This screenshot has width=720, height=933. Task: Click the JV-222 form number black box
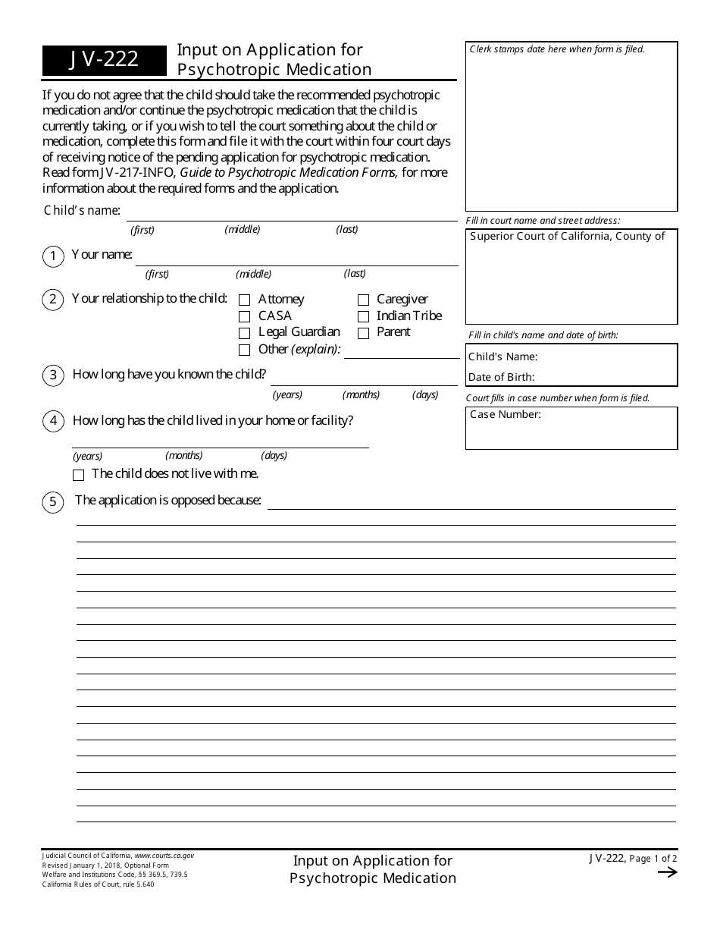[x=105, y=60]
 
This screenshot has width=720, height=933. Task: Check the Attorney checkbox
[x=244, y=300]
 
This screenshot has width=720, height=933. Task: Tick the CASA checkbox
[x=244, y=317]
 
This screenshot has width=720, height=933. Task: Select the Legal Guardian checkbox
[x=244, y=333]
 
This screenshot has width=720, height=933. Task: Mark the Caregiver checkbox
[x=363, y=300]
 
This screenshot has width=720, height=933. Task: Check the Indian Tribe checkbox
[x=363, y=317]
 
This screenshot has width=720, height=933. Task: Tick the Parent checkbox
[x=363, y=333]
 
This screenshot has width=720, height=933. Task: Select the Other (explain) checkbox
[x=244, y=350]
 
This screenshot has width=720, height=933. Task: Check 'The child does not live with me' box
[x=78, y=475]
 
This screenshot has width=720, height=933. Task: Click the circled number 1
[x=53, y=257]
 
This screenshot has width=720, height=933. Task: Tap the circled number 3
[x=53, y=375]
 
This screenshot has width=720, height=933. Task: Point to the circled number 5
[x=53, y=502]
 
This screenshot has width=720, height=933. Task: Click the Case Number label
[x=506, y=415]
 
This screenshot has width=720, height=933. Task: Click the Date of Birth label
[x=501, y=377]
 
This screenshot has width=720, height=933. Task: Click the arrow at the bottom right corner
[x=667, y=872]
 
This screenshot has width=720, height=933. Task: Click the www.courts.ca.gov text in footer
[x=164, y=856]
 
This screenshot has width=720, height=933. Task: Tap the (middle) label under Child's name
[x=243, y=229]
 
